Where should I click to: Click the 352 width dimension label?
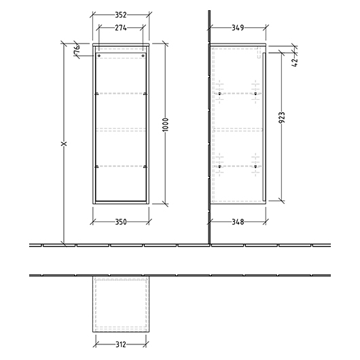[121, 15]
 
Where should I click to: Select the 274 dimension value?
[121, 28]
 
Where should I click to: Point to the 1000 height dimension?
[166, 124]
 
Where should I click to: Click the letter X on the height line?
[64, 144]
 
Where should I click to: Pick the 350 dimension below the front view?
[121, 222]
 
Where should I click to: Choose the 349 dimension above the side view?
[238, 28]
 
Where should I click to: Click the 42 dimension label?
[295, 62]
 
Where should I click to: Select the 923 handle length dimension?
[282, 118]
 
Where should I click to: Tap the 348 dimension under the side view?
[238, 222]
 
